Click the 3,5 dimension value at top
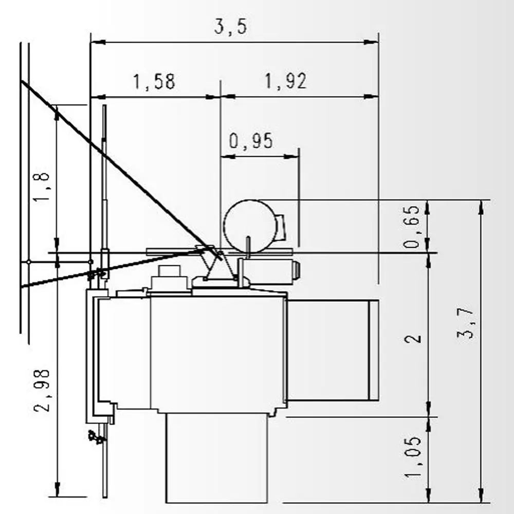pos(230,27)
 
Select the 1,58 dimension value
pos(154,82)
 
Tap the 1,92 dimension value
pos(285,81)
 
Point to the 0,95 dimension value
pos(251,141)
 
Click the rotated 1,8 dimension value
pos(42,187)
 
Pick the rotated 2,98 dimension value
pos(42,391)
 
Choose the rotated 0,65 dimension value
pos(412,227)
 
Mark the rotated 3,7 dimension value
pos(466,323)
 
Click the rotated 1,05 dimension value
pos(413,456)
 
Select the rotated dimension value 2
pos(413,338)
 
